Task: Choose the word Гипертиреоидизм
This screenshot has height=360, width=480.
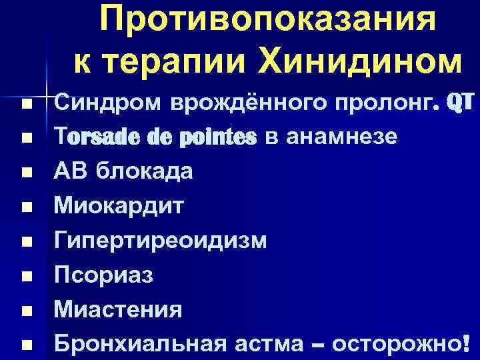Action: pyautogui.click(x=161, y=241)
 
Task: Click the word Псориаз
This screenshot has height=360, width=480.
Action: pyautogui.click(x=103, y=275)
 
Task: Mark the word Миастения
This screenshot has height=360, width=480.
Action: pyautogui.click(x=118, y=309)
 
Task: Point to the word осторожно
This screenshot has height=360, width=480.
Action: pyautogui.click(x=397, y=344)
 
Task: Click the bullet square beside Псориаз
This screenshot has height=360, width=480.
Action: pyautogui.click(x=26, y=276)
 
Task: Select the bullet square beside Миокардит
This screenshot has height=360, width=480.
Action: pyautogui.click(x=26, y=207)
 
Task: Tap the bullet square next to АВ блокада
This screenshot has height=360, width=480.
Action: pyautogui.click(x=26, y=173)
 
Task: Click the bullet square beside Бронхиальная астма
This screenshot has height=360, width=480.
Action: pyautogui.click(x=26, y=345)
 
